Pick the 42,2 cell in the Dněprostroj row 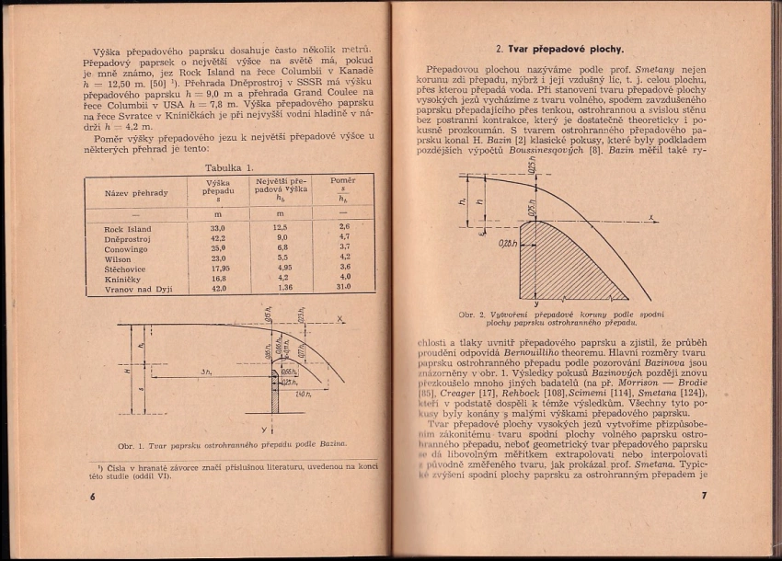point(218,237)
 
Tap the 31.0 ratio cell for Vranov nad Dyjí point(345,287)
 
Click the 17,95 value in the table point(218,268)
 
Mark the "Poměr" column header point(343,181)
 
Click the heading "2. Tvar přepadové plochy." point(559,48)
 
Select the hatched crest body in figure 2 point(561,262)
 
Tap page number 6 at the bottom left point(92,498)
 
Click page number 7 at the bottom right point(702,498)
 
